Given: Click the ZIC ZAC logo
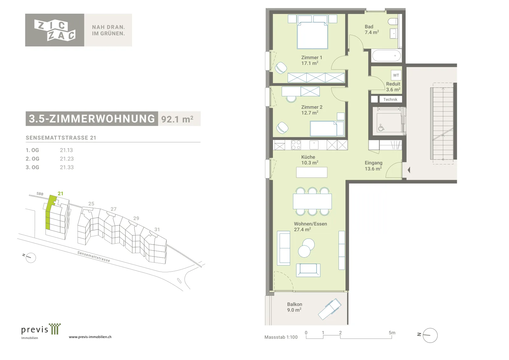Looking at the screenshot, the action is [55, 30].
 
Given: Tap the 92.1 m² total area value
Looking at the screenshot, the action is [177, 119].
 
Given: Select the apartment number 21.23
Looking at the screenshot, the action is [67, 159].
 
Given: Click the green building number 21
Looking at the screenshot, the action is [60, 193].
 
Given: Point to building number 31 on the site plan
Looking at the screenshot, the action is [157, 229].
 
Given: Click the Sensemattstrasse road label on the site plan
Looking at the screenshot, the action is [94, 256].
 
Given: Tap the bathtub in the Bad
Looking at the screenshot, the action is [387, 56].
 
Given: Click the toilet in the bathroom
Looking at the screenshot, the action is [393, 22].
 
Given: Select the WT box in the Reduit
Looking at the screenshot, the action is [396, 75].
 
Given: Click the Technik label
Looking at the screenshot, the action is [390, 99].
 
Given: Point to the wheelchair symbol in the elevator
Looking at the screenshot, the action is [381, 128].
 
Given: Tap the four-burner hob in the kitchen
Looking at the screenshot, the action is [296, 145].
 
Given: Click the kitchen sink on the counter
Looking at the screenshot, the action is [314, 145].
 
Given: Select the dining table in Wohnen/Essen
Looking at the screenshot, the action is [312, 201].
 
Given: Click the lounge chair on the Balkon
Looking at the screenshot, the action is [330, 309].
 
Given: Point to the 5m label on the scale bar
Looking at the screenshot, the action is [392, 333].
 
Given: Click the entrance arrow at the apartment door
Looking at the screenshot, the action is [409, 170].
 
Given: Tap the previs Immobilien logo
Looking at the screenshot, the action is [41, 331].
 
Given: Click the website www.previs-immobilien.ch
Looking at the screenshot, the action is [90, 337].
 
